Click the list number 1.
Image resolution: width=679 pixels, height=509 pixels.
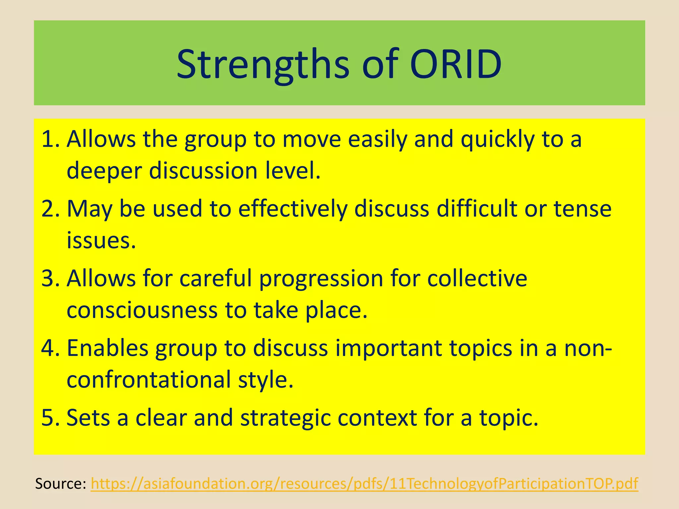[x=50, y=139]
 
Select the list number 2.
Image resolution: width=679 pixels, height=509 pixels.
[x=50, y=209]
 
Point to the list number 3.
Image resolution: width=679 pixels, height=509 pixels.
[x=50, y=278]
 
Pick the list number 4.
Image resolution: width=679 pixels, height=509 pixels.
[x=50, y=348]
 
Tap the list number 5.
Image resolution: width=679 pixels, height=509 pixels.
[x=50, y=418]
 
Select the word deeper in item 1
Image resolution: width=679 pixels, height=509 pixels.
[x=104, y=171]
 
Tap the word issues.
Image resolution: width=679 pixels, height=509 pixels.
[x=101, y=241]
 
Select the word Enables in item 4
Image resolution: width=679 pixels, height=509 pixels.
[x=108, y=349]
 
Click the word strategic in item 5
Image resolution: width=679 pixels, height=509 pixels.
[x=285, y=419]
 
